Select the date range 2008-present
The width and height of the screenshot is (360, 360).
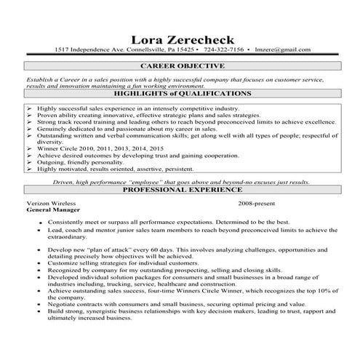257,201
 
